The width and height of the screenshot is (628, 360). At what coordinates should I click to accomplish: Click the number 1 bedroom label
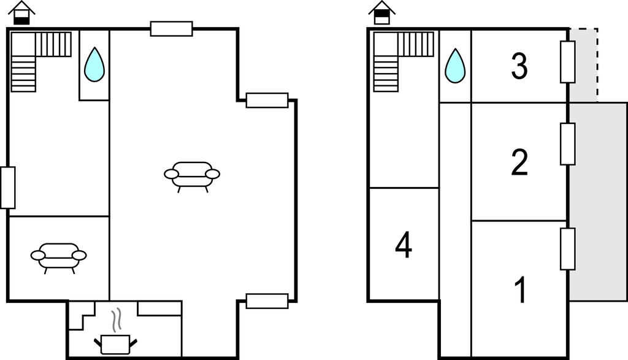click(x=520, y=290)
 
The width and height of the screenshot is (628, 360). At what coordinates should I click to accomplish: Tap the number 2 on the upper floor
click(x=519, y=162)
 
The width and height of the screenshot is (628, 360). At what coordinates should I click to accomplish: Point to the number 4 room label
click(x=404, y=245)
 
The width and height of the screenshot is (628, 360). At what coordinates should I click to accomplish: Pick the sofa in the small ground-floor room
click(x=58, y=258)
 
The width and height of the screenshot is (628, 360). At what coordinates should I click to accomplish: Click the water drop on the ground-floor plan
click(x=94, y=64)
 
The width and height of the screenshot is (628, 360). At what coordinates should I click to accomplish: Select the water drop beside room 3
click(x=455, y=66)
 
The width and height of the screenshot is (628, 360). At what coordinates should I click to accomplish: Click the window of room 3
click(x=567, y=62)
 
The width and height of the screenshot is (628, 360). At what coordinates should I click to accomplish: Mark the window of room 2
click(x=567, y=144)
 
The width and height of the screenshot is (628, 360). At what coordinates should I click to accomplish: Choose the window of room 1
click(x=567, y=248)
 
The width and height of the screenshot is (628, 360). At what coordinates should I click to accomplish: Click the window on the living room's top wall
click(x=172, y=29)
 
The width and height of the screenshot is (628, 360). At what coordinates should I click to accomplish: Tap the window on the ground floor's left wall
click(x=7, y=188)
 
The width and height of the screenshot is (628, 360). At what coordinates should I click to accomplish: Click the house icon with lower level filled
click(x=21, y=13)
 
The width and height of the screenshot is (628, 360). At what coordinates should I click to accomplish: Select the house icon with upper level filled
click(x=382, y=13)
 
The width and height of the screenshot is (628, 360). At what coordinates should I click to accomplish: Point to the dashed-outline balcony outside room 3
click(x=584, y=65)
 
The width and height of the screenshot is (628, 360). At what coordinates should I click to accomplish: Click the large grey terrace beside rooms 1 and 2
click(x=598, y=201)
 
